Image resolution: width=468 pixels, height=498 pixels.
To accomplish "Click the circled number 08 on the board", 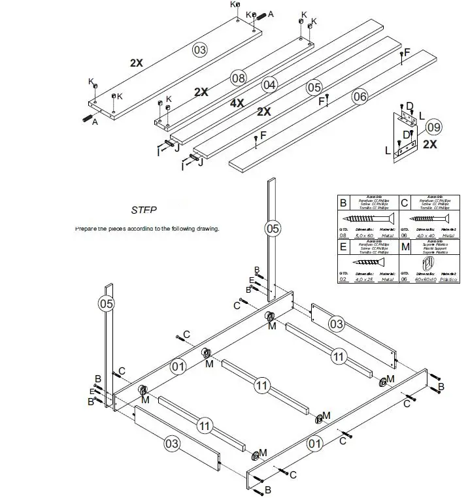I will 239,78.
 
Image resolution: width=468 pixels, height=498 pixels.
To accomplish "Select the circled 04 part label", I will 269,84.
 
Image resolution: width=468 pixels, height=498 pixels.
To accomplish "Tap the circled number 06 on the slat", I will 359,97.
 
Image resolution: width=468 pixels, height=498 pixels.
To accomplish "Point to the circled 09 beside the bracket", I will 433,127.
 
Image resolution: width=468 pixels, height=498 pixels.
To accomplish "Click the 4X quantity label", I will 236,103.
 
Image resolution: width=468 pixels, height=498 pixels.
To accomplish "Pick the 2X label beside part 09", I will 430,144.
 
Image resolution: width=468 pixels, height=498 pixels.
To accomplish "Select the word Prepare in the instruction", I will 87,229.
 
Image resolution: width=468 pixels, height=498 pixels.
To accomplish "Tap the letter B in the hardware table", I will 343,202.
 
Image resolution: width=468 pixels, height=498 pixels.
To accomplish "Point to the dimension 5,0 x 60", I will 363,235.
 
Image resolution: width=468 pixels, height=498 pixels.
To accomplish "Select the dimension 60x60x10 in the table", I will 427,278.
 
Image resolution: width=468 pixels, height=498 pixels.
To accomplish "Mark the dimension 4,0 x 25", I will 363,278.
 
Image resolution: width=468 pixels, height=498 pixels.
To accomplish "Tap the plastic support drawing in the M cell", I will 428,263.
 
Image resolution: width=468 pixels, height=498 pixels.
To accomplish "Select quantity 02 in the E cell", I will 343,279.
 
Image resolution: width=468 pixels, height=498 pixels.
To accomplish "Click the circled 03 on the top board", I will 199,50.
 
